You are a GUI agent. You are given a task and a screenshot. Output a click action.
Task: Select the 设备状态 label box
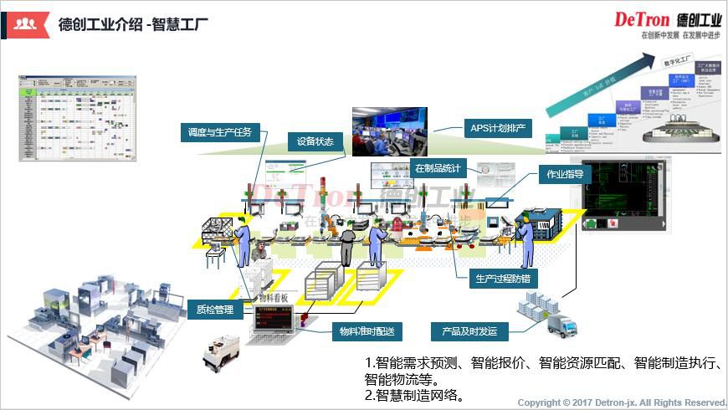(x=315, y=141)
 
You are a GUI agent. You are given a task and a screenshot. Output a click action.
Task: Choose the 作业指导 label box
(x=565, y=175)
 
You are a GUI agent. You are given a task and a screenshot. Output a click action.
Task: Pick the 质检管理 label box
(x=214, y=310)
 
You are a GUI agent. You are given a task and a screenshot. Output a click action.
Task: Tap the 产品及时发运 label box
(x=469, y=331)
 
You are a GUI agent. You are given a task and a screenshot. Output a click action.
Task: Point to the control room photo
(x=389, y=131)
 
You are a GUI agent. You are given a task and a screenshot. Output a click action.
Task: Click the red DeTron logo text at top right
(x=645, y=19)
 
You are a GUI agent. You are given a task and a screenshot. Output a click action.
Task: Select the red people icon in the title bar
(x=23, y=23)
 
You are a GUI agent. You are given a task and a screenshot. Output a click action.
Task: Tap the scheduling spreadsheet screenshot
(x=76, y=118)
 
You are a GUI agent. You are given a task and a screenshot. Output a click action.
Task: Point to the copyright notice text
(x=622, y=402)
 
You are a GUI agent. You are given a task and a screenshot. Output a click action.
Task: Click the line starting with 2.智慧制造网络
(x=415, y=394)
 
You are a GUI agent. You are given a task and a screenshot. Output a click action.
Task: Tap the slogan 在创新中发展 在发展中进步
(x=680, y=36)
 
